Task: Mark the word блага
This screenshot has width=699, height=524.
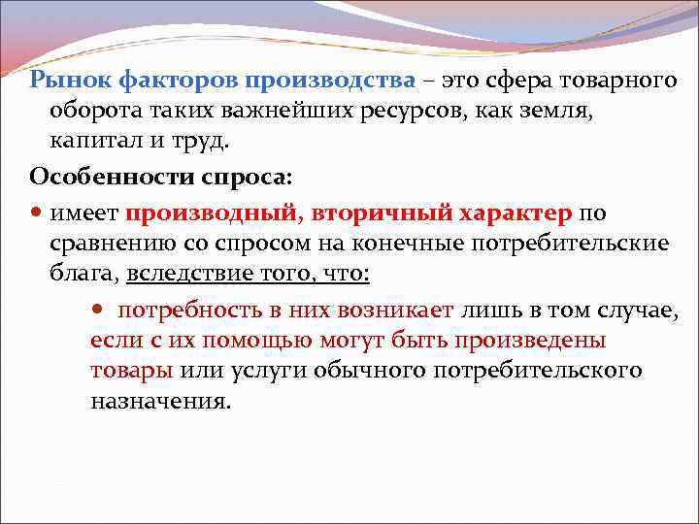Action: tap(85, 274)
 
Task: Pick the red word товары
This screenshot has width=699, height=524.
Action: tap(131, 371)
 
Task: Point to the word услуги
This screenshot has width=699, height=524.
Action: tap(255, 371)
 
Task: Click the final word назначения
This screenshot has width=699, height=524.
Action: tap(161, 401)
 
